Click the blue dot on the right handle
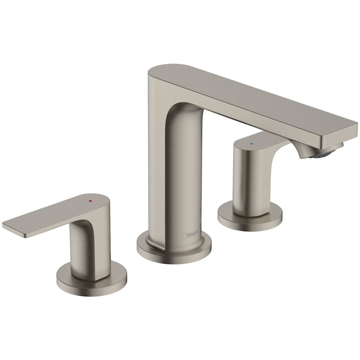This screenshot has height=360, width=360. [251, 142]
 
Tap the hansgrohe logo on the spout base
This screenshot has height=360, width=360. [192, 236]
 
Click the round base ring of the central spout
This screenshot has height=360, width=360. [174, 250]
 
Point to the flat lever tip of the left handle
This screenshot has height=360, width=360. [12, 224]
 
